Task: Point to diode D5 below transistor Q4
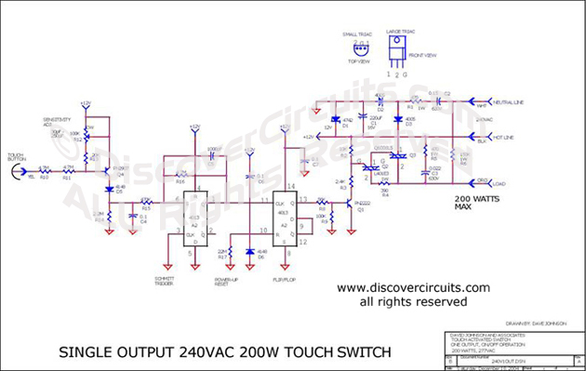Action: (x=109, y=190)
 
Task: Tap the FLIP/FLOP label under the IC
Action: (x=286, y=276)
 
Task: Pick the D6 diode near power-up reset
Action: (x=250, y=251)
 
